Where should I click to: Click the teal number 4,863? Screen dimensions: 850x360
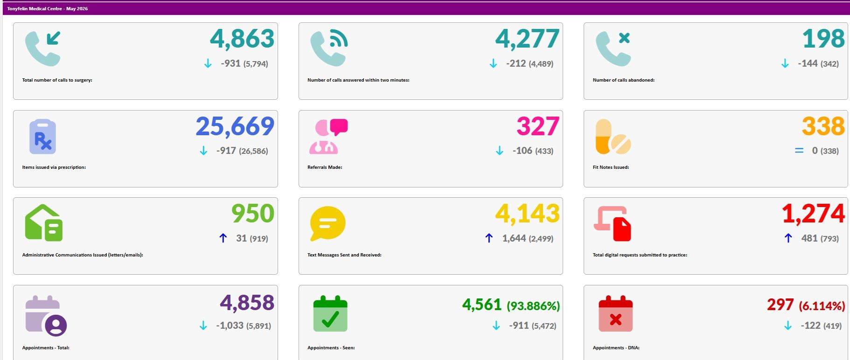pos(242,39)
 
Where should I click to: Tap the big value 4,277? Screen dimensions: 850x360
pos(527,39)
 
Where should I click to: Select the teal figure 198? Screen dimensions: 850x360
pos(823,39)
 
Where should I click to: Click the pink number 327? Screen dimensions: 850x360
pos(538,126)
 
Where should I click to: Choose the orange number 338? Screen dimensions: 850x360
pos(823,126)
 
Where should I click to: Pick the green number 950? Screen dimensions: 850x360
pos(253,214)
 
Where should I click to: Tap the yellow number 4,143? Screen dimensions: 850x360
pos(527,214)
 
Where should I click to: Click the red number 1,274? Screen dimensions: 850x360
pos(813,214)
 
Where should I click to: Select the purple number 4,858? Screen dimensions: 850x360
pos(247,303)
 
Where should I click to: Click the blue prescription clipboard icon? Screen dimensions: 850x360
pos(42,137)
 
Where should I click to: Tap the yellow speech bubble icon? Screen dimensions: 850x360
pos(328,224)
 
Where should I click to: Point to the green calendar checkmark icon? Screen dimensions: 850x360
pos(330,313)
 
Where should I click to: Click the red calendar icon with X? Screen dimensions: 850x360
pos(615,313)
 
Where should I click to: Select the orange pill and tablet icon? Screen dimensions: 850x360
pos(613,137)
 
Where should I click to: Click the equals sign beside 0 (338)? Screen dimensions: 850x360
pos(799,151)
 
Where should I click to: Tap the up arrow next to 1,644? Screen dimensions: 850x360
pos(489,238)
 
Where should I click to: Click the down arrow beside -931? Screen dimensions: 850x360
pos(208,63)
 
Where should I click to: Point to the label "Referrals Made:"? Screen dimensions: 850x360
pos(325,167)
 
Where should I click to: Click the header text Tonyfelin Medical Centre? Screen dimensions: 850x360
pos(35,9)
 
